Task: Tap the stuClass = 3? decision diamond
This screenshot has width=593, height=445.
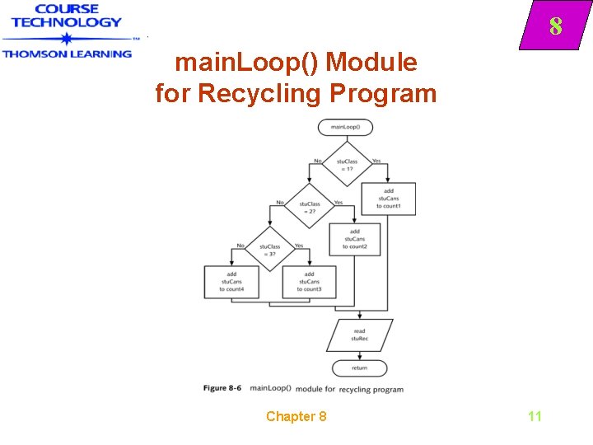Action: click(x=269, y=249)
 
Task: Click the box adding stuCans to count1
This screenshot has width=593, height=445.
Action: click(x=388, y=199)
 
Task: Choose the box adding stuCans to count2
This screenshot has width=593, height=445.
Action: click(x=355, y=239)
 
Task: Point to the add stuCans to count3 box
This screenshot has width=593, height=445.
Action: click(x=309, y=281)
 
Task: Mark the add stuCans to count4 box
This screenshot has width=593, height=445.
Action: click(x=231, y=281)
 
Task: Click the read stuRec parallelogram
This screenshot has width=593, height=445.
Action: click(x=359, y=335)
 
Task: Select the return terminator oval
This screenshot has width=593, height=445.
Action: click(x=359, y=368)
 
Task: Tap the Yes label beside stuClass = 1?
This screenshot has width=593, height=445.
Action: click(x=376, y=161)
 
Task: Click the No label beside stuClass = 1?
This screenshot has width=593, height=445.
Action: click(x=317, y=161)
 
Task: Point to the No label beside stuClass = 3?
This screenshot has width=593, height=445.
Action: click(x=240, y=246)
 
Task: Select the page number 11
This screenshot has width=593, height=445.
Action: click(x=535, y=416)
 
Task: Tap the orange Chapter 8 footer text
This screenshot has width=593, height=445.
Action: click(x=296, y=416)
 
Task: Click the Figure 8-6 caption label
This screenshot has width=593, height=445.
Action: click(x=223, y=388)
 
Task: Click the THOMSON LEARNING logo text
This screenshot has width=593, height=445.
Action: click(x=67, y=54)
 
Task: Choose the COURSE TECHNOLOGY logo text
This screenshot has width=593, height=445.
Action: click(x=66, y=16)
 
